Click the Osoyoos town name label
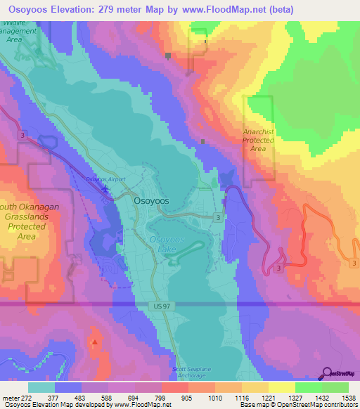tap(150, 200)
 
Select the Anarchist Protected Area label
tap(258, 139)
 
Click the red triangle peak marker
tap(94, 342)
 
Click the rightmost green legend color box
tap(335, 387)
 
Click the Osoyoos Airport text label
tap(105, 179)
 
